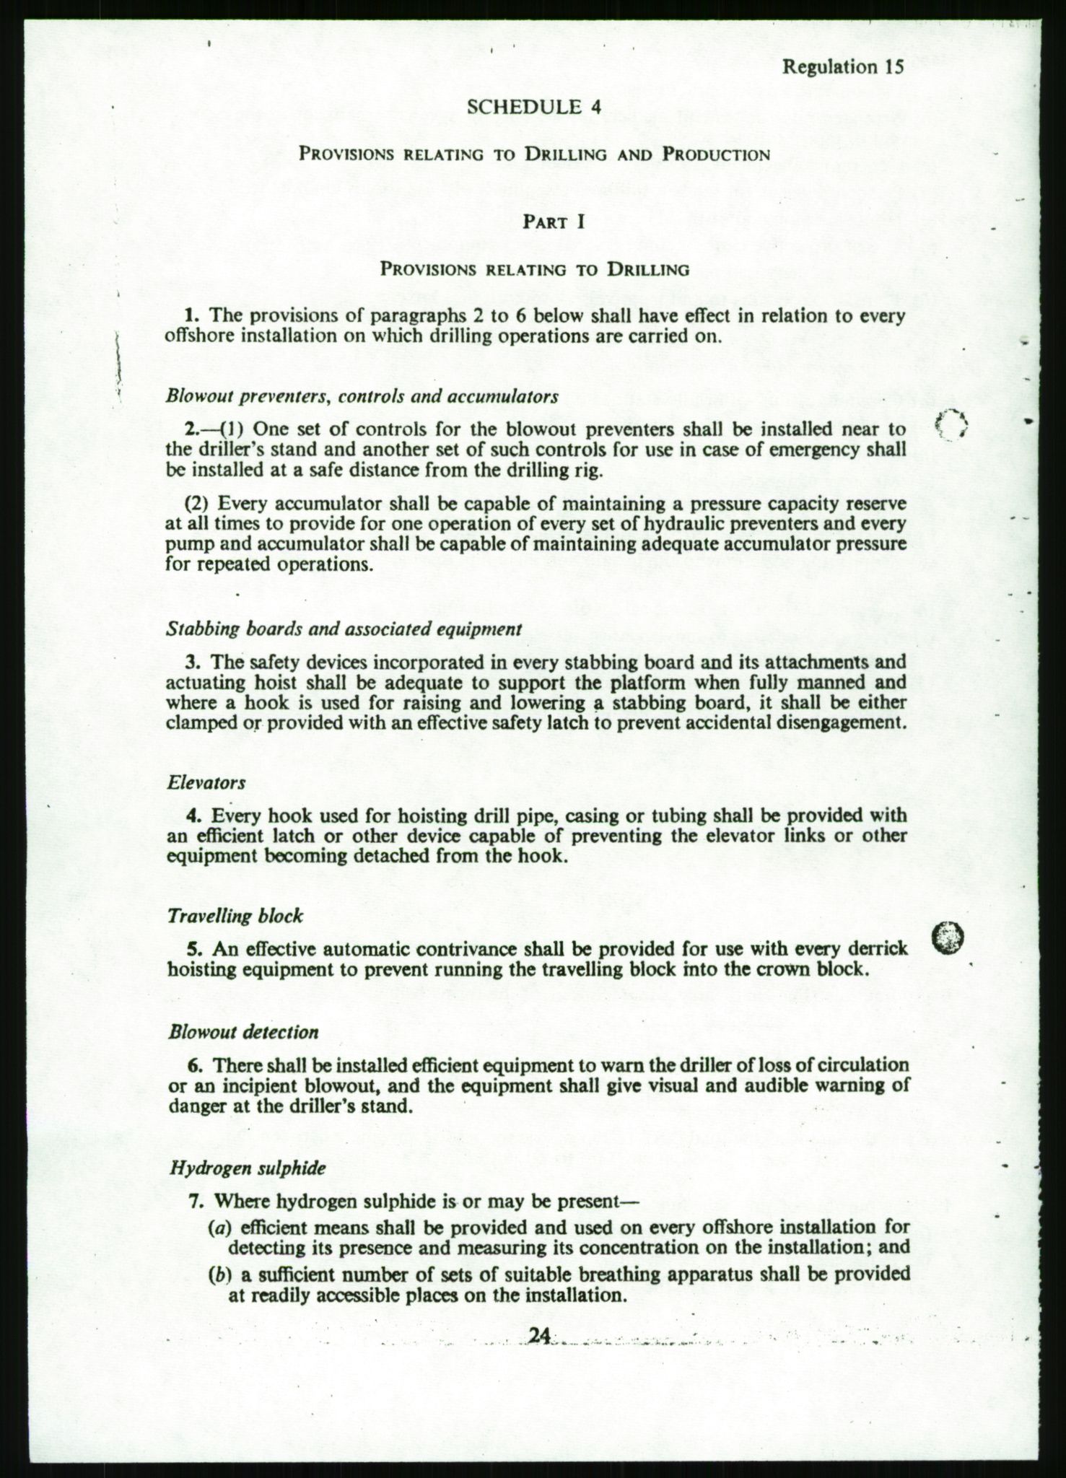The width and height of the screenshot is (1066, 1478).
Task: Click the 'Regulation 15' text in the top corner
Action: coord(842,67)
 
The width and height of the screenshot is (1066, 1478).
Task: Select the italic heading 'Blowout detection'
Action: coord(243,1032)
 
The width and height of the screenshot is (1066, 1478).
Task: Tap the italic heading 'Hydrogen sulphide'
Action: coord(247,1168)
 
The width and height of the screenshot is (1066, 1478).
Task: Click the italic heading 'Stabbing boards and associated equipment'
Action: coord(344,629)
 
